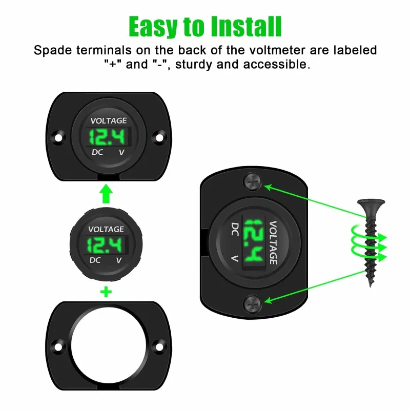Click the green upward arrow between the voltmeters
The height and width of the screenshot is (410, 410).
[106, 194]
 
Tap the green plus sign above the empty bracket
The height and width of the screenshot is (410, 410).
[106, 292]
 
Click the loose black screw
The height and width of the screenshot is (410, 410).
[371, 242]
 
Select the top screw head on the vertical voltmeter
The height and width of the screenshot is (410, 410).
[253, 181]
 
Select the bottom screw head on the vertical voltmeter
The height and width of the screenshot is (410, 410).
[253, 304]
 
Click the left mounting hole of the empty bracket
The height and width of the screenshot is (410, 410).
[58, 347]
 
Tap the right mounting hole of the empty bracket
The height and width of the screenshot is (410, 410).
[159, 347]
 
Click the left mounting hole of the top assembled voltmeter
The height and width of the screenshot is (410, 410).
[58, 137]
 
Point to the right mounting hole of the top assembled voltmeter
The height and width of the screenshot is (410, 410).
[159, 137]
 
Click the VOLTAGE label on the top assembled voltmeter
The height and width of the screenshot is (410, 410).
[109, 121]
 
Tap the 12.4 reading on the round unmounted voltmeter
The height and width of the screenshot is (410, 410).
[105, 245]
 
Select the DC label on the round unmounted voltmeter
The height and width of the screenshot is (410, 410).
[95, 260]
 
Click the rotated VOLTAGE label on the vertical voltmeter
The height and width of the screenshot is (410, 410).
[273, 242]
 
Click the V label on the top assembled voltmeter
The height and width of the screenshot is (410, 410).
[121, 152]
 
